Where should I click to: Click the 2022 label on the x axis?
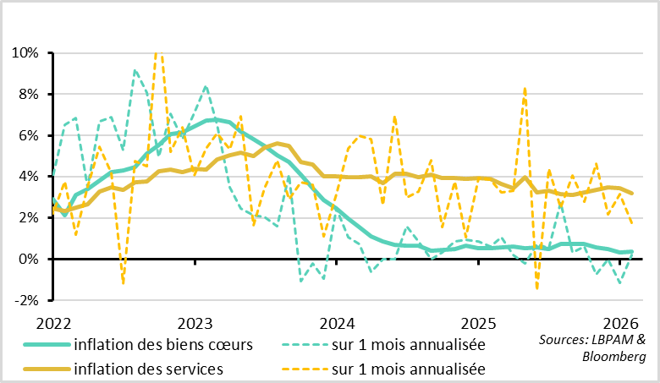54,322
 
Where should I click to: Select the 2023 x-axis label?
195,322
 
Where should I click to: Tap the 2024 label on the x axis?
337,322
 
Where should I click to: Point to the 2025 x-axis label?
478,322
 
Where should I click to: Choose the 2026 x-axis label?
619,322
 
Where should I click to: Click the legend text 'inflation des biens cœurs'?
163,344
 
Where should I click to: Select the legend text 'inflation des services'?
148,369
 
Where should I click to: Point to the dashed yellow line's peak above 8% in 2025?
525,88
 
